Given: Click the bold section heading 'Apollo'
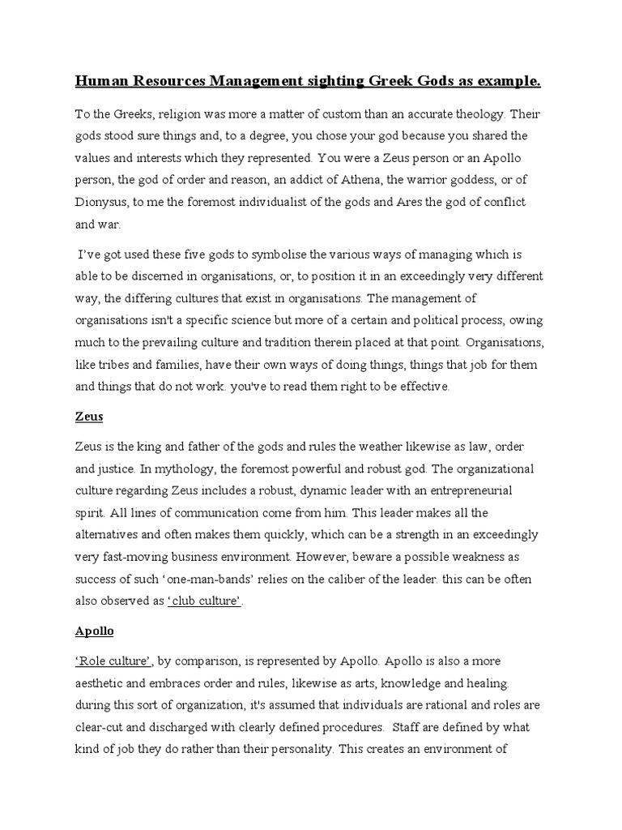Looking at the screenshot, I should pyautogui.click(x=95, y=631).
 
